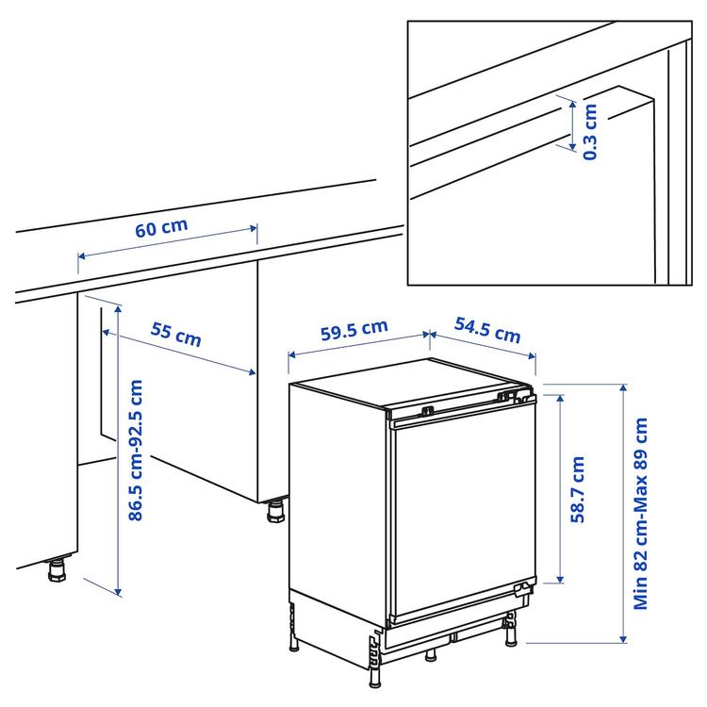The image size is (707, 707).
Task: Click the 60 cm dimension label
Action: [161, 228]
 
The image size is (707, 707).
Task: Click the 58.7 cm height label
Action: [578, 488]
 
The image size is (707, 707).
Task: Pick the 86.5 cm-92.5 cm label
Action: [137, 451]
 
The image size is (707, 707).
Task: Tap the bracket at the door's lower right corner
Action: [519, 591]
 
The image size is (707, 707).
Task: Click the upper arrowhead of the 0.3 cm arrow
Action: [571, 99]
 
